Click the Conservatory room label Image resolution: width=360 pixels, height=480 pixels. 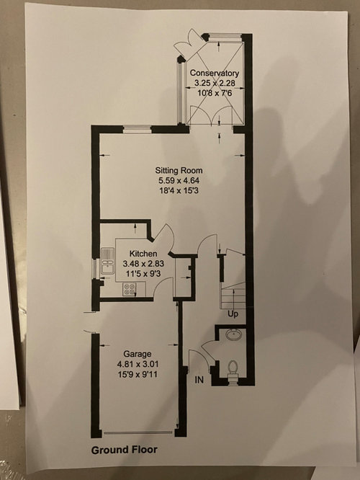pos(214,74)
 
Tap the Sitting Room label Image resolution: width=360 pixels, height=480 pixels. pos(179,171)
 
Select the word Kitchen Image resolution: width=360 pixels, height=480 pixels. pos(143,254)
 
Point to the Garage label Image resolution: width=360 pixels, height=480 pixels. pos(138,354)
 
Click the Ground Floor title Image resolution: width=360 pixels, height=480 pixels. pos(124,450)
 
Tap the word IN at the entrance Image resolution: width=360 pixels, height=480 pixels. pos(199,380)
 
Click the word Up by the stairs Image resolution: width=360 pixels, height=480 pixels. pos(233,314)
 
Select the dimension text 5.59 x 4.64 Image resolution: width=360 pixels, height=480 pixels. pos(179,180)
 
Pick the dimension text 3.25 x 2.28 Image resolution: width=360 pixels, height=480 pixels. pos(215,83)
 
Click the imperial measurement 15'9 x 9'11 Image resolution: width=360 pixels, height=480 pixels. pos(138,374)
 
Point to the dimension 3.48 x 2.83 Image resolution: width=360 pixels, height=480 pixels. pos(143,263)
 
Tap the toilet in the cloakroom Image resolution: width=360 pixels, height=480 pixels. pos(233,369)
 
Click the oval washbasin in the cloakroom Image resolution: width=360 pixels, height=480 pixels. pos(234,334)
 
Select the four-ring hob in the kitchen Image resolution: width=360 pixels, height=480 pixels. pos(130,289)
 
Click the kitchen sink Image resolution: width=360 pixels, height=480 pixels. pos(107,261)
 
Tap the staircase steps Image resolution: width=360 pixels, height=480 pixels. pos(233,295)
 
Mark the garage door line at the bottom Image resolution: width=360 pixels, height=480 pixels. pos(138,432)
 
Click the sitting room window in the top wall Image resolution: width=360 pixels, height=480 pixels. pos(138,129)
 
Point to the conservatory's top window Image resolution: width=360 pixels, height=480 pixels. pos(225,37)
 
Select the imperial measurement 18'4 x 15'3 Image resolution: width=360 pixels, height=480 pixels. pos(179,190)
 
